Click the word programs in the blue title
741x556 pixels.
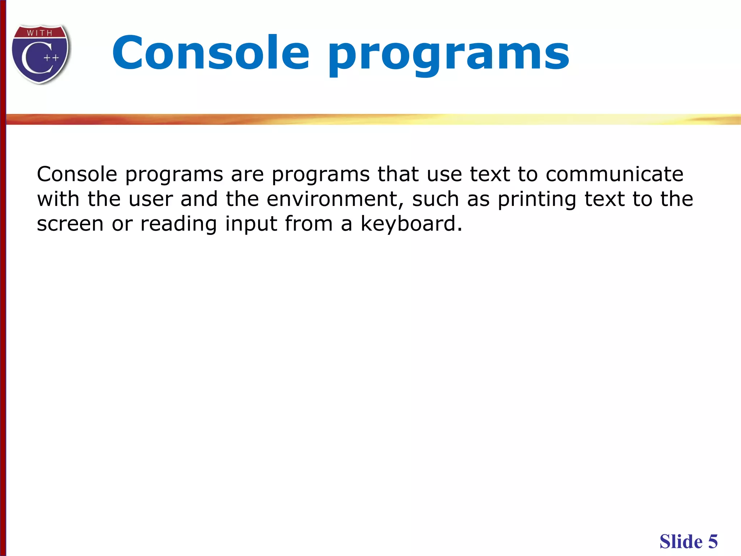[x=448, y=54]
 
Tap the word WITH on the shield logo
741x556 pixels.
[x=40, y=33]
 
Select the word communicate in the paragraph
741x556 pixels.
[x=614, y=174]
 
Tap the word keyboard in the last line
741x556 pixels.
[x=411, y=224]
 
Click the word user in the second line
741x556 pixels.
[x=151, y=200]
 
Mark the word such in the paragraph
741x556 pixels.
[x=436, y=199]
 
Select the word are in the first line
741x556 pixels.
[x=247, y=175]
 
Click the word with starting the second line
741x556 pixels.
[x=58, y=199]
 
